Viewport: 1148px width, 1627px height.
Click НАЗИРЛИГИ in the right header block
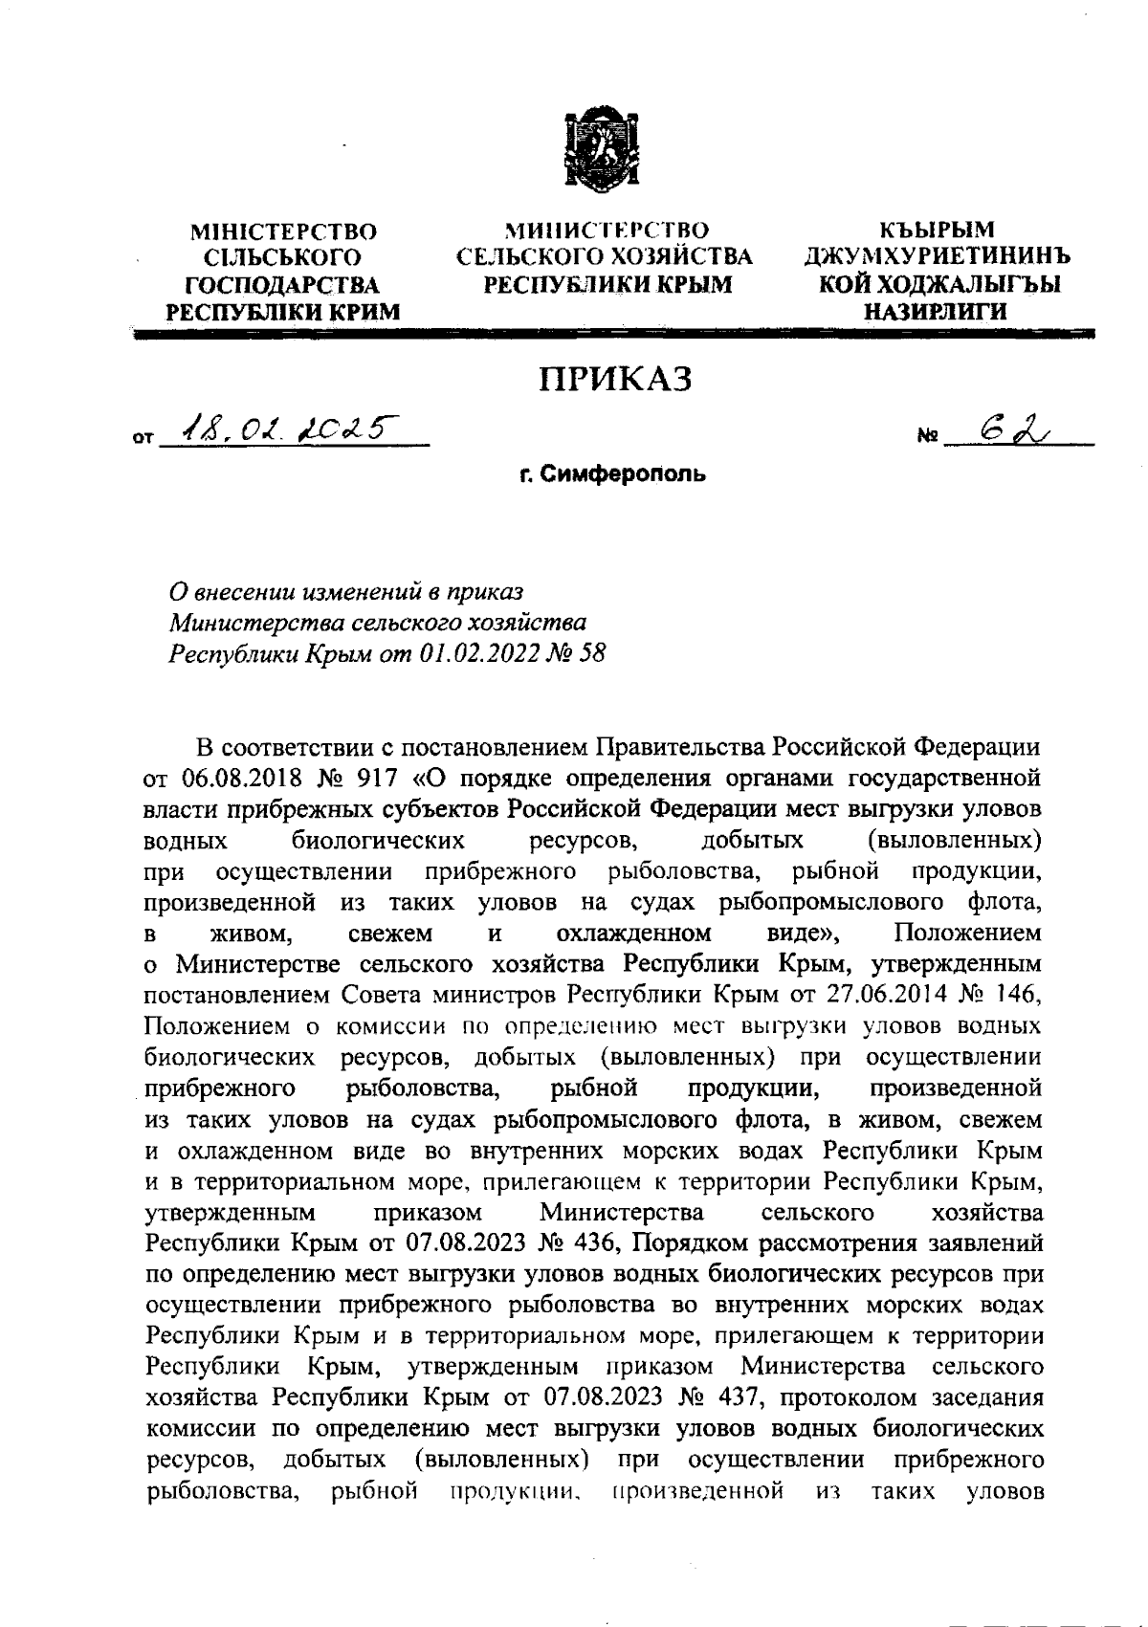(x=935, y=311)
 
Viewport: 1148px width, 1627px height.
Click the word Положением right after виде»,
(x=967, y=932)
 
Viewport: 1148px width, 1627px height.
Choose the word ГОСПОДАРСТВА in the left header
(x=282, y=285)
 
